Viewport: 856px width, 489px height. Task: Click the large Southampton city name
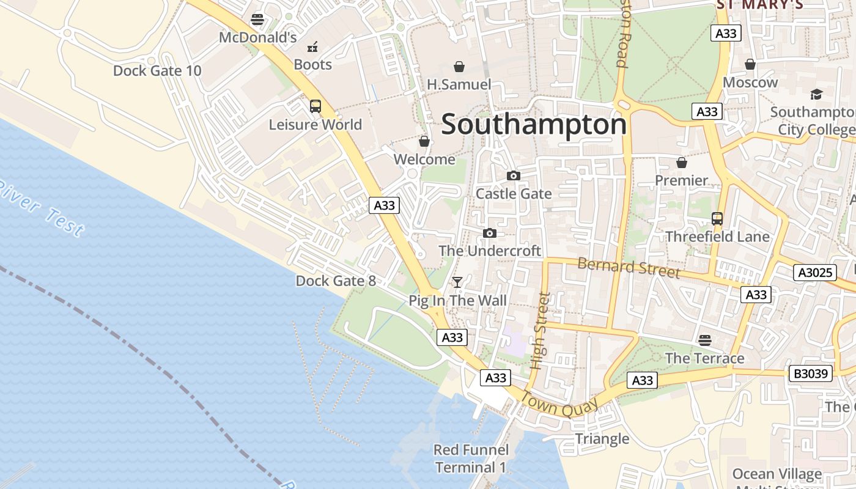[534, 125]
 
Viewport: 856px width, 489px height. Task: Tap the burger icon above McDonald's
[257, 20]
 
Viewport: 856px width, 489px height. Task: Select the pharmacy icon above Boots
[312, 46]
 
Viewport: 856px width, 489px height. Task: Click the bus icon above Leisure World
[315, 106]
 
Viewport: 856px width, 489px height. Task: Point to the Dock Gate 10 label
[157, 71]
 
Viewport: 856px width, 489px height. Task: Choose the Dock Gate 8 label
[336, 281]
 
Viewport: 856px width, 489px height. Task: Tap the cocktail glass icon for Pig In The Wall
[457, 282]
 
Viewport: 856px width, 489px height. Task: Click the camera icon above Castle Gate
[514, 176]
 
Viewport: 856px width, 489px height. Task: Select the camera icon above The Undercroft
[489, 233]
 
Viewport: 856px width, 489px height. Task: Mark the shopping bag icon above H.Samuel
[459, 66]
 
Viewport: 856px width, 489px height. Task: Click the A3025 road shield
[814, 273]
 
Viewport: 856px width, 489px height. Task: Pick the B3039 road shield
[811, 373]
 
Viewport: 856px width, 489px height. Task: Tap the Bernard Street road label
[629, 268]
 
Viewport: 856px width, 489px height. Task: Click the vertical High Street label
[539, 331]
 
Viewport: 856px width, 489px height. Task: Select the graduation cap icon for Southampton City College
[816, 94]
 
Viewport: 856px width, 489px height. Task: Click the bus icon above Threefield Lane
[717, 218]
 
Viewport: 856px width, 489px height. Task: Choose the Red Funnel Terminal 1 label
[470, 459]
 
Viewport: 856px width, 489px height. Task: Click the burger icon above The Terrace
[705, 340]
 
